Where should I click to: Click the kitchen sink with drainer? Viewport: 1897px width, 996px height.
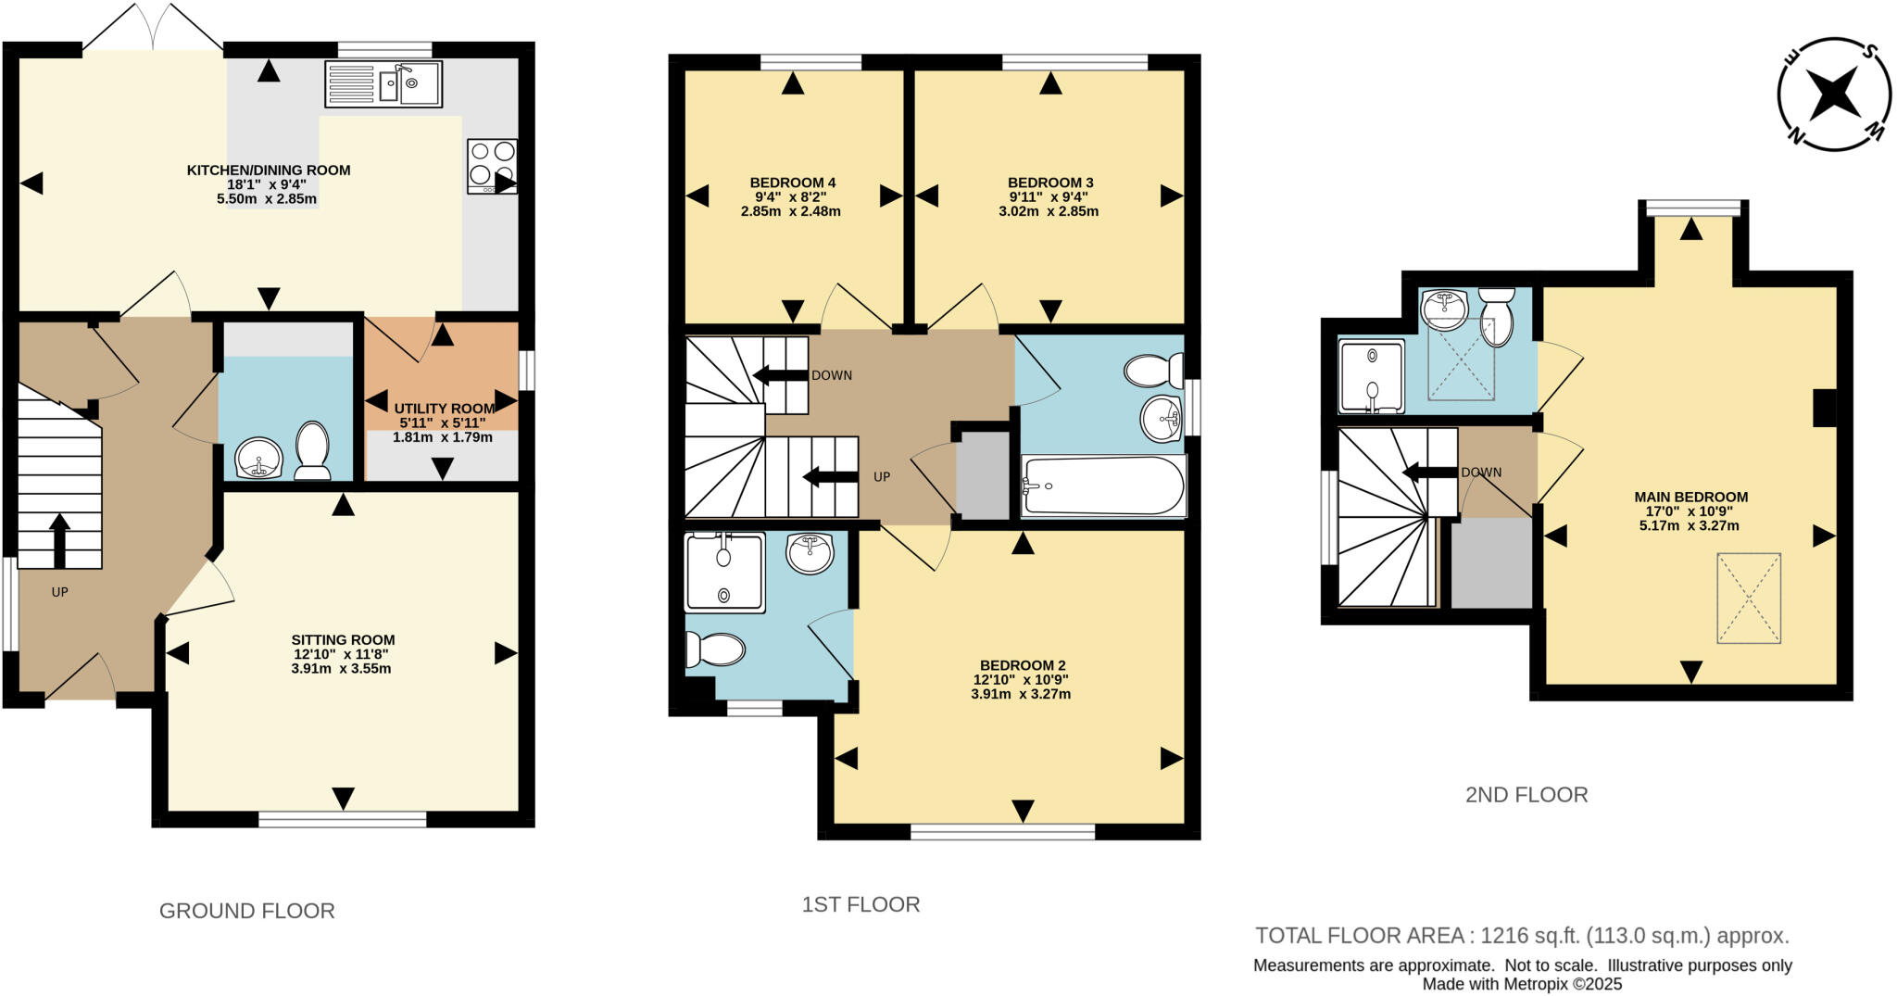(x=383, y=84)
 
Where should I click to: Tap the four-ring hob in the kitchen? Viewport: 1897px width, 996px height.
(x=492, y=166)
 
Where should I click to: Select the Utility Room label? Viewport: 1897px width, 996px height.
(x=445, y=409)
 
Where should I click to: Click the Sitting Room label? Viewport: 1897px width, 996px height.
(x=343, y=639)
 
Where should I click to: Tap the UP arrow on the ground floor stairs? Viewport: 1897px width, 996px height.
(x=59, y=540)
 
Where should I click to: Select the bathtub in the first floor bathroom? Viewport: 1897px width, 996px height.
(x=1102, y=485)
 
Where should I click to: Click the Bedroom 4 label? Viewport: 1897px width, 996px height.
(x=792, y=183)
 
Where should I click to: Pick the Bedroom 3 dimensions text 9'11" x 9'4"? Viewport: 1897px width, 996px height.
(x=1049, y=196)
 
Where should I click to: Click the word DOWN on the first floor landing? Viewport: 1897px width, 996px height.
(x=831, y=375)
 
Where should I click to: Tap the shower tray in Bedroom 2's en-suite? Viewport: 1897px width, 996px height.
(x=724, y=572)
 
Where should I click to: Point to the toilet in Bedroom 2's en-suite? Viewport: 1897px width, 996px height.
(x=714, y=649)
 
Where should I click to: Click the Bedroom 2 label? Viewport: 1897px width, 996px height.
(x=1023, y=665)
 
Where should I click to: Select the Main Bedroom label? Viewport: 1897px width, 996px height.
(x=1690, y=497)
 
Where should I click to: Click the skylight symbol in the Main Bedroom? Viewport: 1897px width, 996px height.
(x=1749, y=598)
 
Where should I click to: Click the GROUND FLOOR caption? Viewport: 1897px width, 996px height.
(x=246, y=911)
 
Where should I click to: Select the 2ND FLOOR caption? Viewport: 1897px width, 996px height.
(x=1526, y=795)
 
